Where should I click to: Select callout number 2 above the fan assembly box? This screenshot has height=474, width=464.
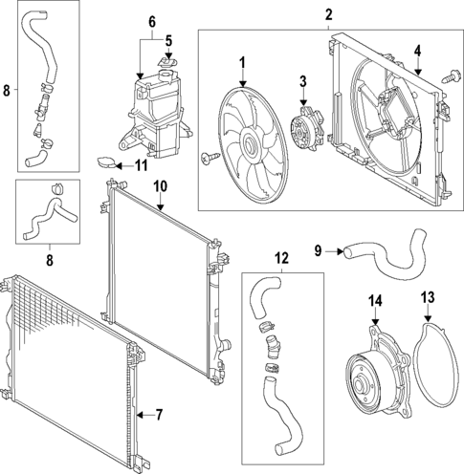click(x=328, y=14)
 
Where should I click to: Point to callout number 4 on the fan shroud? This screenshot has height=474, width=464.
click(x=417, y=51)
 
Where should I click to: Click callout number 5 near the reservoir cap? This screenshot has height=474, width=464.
click(x=168, y=41)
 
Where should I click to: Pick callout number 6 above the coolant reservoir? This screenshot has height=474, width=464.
click(x=151, y=21)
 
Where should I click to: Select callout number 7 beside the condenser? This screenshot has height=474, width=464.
click(x=160, y=414)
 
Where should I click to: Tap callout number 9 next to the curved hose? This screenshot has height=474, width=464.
click(x=318, y=251)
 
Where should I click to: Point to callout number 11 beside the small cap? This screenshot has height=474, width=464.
click(x=142, y=165)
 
